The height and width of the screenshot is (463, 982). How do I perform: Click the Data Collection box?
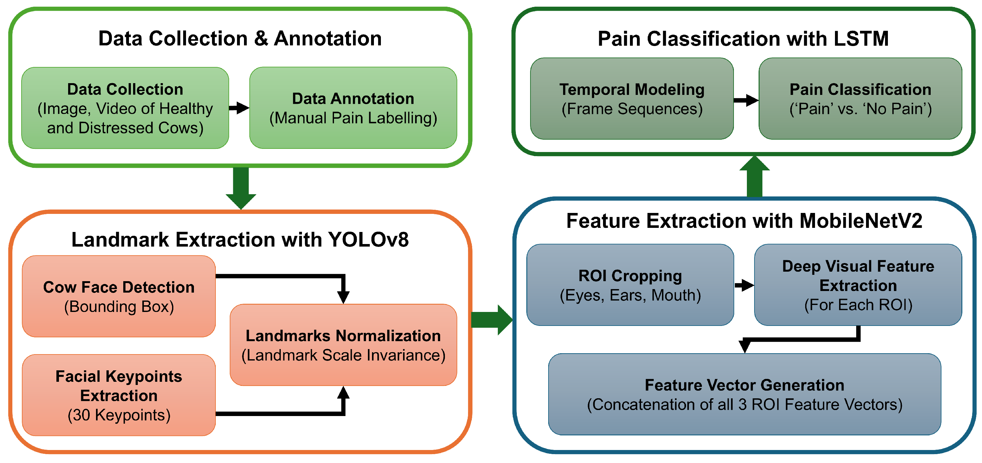point(125,108)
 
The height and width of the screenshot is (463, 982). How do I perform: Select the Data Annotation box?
point(353,108)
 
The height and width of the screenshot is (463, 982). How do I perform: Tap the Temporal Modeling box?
point(632,98)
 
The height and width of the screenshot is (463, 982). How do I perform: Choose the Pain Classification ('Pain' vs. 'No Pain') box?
point(860,98)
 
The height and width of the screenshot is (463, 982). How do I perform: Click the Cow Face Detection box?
point(119,296)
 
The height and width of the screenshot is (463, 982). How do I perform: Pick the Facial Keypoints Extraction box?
point(119,395)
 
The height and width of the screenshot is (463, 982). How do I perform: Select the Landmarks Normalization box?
point(343,345)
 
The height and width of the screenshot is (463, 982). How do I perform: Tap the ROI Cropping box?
point(630,285)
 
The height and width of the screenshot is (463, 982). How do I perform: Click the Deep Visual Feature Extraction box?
point(858,285)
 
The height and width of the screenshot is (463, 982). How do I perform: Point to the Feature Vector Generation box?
point(745,394)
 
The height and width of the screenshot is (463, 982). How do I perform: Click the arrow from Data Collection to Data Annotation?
point(239,108)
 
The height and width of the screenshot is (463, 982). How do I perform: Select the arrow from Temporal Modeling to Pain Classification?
point(746,100)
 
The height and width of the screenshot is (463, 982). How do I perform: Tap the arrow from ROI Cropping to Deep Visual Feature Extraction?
point(744,285)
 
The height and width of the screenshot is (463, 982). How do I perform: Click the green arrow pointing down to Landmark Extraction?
point(241,188)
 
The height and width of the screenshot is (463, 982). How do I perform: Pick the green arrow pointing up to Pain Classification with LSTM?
point(754,176)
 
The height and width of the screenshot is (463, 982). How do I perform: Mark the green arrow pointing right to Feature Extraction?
point(492,320)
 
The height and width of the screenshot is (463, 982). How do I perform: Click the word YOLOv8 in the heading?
point(368,240)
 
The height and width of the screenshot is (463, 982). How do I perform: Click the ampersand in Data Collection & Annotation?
point(261,38)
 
